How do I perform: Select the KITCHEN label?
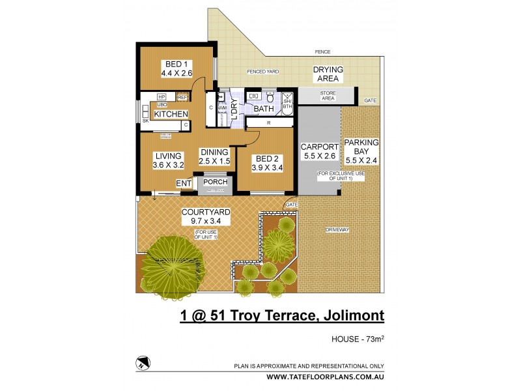click(171, 114)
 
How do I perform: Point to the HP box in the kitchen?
click(162, 97)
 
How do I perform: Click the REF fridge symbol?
click(182, 97)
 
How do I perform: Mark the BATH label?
click(264, 109)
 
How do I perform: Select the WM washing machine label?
click(221, 108)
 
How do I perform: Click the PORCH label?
click(214, 182)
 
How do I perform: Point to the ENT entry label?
click(184, 184)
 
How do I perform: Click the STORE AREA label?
click(328, 96)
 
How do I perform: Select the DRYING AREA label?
click(328, 74)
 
